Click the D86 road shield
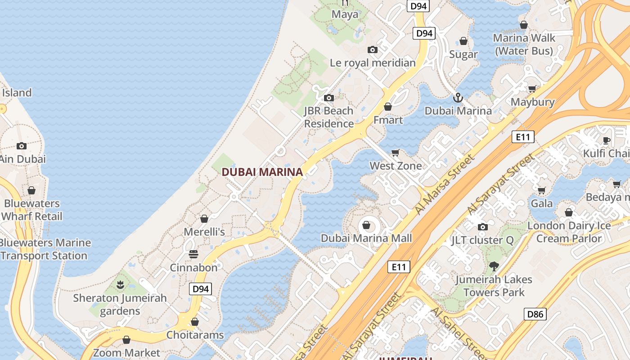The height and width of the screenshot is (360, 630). click(x=535, y=314)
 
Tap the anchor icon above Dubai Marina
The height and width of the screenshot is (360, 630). click(x=458, y=97)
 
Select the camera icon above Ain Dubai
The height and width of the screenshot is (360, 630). click(x=21, y=146)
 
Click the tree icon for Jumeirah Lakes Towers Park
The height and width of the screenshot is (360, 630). click(x=494, y=266)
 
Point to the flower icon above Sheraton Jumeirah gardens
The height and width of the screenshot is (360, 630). click(x=120, y=284)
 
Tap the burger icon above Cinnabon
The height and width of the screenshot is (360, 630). click(x=193, y=254)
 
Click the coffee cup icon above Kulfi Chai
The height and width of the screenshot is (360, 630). click(x=607, y=140)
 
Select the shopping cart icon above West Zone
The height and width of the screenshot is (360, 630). click(x=396, y=153)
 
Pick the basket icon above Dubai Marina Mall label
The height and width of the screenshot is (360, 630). click(x=366, y=225)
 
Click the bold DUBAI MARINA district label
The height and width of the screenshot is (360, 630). click(x=262, y=172)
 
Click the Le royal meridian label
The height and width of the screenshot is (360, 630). click(x=373, y=63)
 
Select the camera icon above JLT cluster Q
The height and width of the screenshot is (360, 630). click(x=482, y=227)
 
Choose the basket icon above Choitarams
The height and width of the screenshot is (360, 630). click(x=195, y=322)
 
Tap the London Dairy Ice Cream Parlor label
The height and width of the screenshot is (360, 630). click(x=569, y=232)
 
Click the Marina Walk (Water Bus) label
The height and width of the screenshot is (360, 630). click(x=524, y=44)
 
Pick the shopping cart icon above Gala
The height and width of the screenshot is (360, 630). click(x=541, y=190)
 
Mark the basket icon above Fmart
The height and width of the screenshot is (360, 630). click(x=388, y=107)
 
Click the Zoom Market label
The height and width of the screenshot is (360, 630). click(x=126, y=352)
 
